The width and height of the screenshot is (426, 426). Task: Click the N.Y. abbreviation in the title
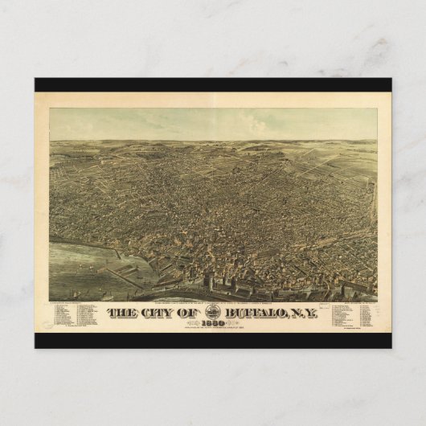[x=305, y=313]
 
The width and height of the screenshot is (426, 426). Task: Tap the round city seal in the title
[x=214, y=311]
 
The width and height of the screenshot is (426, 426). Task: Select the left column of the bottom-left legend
[x=63, y=316]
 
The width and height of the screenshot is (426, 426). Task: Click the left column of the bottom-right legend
[x=337, y=314]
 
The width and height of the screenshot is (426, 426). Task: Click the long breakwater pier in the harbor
[x=121, y=277]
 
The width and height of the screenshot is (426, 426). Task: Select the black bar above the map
[x=213, y=84]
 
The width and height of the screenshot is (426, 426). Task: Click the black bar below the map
[x=213, y=341]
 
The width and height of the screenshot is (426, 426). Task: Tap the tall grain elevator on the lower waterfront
[x=211, y=283]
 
